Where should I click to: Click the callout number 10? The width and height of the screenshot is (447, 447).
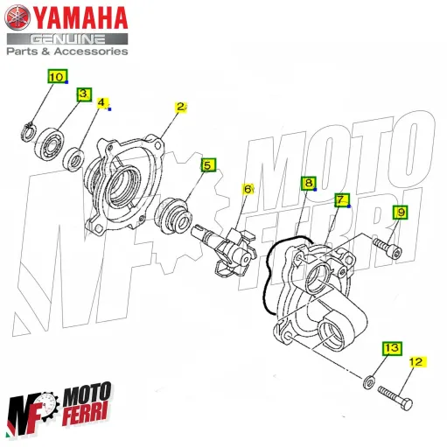click(56, 77)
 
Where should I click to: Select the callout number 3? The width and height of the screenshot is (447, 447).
click(84, 94)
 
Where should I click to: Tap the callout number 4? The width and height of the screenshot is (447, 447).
click(102, 103)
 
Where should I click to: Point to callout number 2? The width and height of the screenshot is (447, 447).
click(181, 108)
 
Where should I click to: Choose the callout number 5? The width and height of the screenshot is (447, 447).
click(208, 164)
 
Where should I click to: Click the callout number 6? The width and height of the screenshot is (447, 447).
click(248, 189)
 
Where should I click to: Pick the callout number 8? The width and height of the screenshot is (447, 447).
click(308, 184)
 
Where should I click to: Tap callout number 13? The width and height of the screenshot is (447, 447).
click(391, 349)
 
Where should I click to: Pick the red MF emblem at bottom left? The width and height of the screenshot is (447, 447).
click(31, 412)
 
